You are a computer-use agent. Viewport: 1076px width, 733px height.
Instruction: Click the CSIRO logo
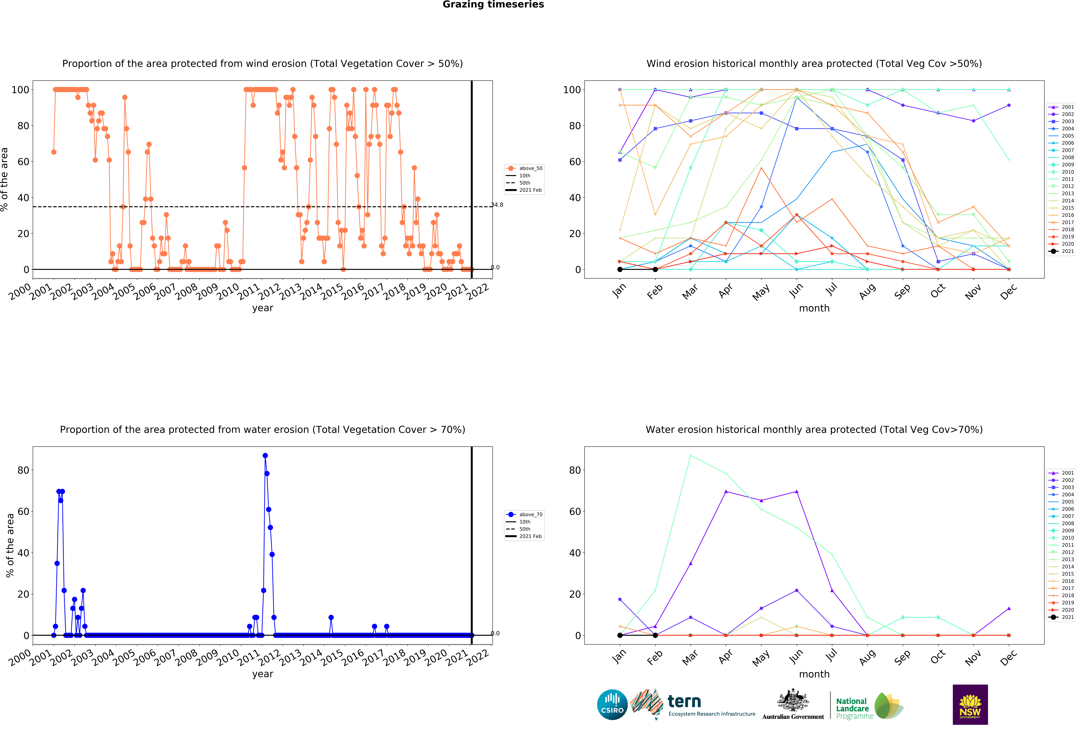(x=612, y=705)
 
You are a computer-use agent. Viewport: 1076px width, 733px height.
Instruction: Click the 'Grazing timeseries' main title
(x=493, y=5)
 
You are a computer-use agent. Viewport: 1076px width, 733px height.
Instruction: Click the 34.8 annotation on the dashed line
(x=497, y=205)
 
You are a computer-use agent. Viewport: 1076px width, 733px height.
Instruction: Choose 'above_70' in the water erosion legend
(x=530, y=515)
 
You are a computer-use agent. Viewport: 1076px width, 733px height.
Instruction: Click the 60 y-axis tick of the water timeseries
(x=23, y=511)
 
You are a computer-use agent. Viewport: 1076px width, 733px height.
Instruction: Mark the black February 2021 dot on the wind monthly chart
(x=655, y=269)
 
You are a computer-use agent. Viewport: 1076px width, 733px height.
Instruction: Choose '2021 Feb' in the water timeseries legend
(x=530, y=536)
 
